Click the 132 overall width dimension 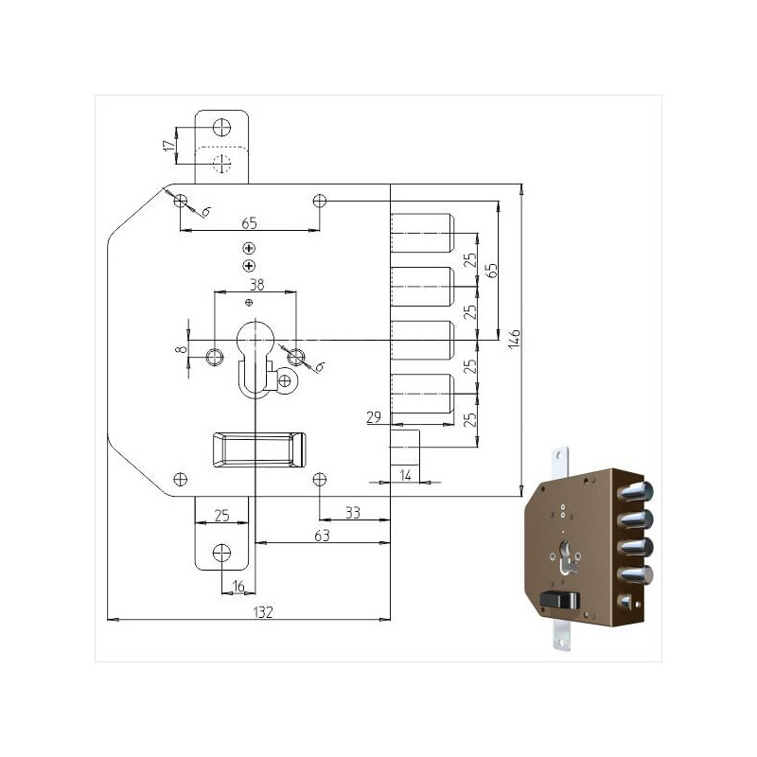click(264, 612)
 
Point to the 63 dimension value click(322, 536)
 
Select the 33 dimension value click(352, 512)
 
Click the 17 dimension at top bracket click(169, 145)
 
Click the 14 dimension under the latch click(405, 474)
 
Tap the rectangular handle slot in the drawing click(257, 448)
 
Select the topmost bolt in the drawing click(421, 232)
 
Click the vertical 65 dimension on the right click(490, 270)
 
